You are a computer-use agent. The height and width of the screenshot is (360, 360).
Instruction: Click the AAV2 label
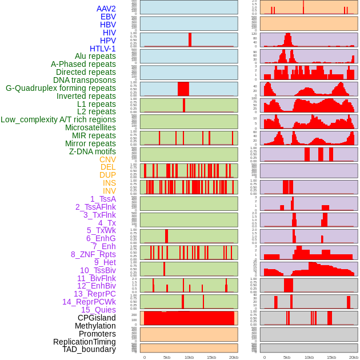(x=106, y=9)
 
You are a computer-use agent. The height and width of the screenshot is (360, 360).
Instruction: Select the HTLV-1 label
(x=102, y=49)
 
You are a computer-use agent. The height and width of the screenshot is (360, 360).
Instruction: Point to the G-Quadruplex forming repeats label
(x=61, y=88)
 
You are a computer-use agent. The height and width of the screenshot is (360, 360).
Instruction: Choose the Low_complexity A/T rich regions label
(x=58, y=119)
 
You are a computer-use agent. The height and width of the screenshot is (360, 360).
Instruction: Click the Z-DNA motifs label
(x=92, y=151)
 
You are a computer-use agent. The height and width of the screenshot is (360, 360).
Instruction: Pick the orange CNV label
(x=107, y=159)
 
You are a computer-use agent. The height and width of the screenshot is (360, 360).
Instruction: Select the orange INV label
(x=109, y=191)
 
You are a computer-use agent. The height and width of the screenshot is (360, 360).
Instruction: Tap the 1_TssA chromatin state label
(x=103, y=199)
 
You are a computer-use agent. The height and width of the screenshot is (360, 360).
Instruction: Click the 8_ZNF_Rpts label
(x=93, y=254)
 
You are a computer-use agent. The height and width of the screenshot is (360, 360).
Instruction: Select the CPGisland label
(x=97, y=318)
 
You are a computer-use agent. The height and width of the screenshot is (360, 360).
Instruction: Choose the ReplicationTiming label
(x=84, y=342)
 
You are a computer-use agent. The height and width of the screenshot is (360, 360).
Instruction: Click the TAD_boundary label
(x=89, y=349)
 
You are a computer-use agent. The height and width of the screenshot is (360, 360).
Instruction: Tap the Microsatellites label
(x=90, y=127)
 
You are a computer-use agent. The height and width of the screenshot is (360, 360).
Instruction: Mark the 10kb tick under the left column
(x=189, y=357)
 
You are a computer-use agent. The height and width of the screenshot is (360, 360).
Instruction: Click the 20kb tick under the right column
(x=354, y=357)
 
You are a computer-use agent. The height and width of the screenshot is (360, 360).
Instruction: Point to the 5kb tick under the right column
(x=286, y=357)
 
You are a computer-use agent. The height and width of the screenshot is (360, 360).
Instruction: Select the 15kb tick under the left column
(x=211, y=357)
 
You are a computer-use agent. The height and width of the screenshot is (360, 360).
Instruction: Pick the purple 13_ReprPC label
(x=94, y=294)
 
